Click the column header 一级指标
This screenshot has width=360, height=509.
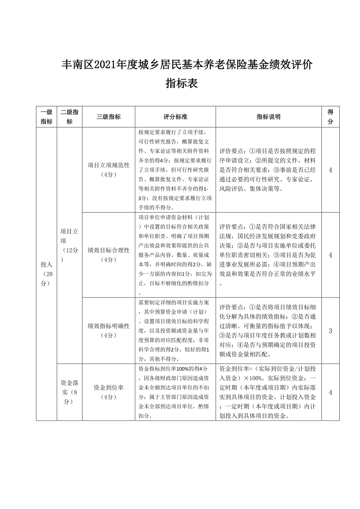46,116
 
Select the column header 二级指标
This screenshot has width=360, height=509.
69,116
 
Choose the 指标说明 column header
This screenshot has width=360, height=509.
268,116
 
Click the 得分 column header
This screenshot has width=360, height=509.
330,116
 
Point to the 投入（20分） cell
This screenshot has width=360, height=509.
46,274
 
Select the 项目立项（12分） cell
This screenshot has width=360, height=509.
69,245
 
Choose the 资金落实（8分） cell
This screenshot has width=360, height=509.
69,392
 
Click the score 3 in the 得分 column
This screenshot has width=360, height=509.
330,331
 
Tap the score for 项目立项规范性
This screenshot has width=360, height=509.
330,170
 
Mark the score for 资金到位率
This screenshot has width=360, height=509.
330,392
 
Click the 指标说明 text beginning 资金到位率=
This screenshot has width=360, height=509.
268,392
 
